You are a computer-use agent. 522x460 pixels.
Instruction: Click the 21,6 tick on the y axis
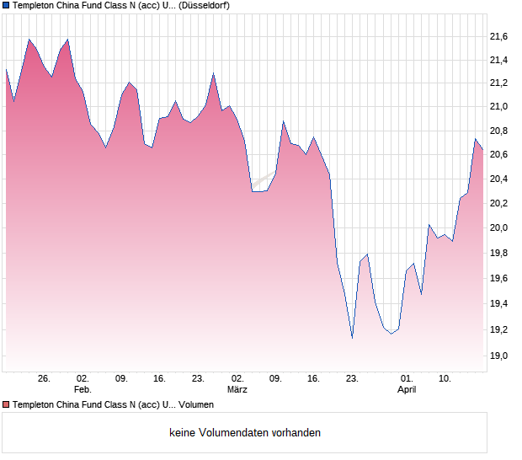[498, 36]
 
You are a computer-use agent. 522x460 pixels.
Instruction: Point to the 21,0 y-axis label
[498, 106]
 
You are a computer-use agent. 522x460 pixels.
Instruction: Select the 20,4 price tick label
[498, 179]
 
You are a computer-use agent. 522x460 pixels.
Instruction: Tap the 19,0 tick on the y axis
[498, 356]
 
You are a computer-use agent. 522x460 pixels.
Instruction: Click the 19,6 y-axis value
[498, 279]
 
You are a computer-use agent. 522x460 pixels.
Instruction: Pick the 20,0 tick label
[498, 227]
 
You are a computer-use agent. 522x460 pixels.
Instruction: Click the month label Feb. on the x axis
[83, 390]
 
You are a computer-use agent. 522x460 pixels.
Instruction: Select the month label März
[237, 390]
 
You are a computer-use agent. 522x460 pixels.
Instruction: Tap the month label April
[407, 390]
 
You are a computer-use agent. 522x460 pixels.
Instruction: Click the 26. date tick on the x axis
[45, 378]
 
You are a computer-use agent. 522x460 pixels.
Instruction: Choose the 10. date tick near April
[445, 378]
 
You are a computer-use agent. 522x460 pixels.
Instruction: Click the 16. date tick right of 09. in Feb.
[160, 378]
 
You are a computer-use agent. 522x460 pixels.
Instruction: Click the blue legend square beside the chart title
[6, 5]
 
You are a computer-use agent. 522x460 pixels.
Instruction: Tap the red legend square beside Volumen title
[6, 404]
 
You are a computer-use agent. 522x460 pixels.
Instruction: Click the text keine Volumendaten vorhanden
[245, 432]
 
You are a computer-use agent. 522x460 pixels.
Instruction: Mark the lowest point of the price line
[352, 338]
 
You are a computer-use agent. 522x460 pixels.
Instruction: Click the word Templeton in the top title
[37, 5]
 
